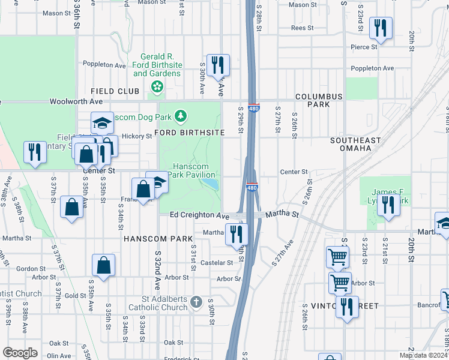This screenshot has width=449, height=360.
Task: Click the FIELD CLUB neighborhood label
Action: pos(110,91)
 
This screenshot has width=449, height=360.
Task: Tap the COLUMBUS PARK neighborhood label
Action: pos(319,100)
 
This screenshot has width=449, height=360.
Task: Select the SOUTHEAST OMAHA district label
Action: pos(355,144)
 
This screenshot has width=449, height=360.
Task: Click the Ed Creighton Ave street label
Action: pos(199,215)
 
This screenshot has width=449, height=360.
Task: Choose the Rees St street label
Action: pos(302,28)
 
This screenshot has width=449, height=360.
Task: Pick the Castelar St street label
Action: pos(216,263)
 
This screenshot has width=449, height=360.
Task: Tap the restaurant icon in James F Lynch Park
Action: pos(388,205)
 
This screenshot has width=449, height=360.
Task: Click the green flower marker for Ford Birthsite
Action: pos(157,88)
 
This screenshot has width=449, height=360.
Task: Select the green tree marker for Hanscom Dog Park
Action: pos(181,116)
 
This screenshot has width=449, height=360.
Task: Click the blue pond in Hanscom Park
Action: pos(209,182)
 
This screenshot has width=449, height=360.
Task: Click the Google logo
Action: pos(20,353)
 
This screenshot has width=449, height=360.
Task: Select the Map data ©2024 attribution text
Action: pos(424,355)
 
